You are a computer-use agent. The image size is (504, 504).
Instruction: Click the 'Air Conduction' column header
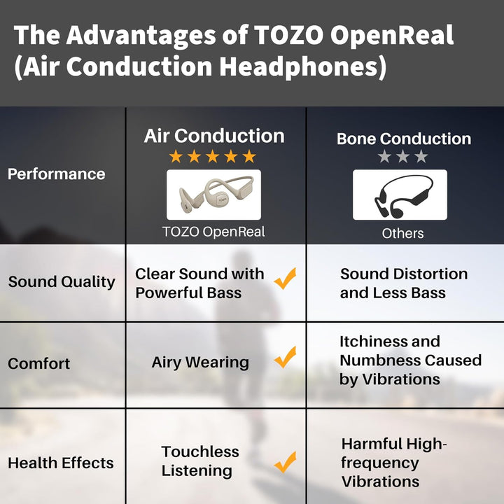click(x=214, y=136)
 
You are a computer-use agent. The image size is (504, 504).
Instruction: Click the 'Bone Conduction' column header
click(x=403, y=139)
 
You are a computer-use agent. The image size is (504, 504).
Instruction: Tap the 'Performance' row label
click(x=56, y=174)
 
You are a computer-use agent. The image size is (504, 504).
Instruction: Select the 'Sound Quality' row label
click(x=62, y=282)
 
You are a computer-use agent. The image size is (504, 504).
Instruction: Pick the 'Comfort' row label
click(x=39, y=364)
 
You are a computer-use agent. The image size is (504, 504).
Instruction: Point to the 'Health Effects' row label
click(x=60, y=463)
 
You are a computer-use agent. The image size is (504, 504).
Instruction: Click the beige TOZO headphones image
click(x=213, y=195)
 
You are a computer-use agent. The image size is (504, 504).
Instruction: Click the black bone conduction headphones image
click(x=399, y=195)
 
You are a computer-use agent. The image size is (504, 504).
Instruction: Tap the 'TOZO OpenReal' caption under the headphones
click(x=213, y=232)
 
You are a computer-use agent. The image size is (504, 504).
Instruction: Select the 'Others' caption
click(x=402, y=233)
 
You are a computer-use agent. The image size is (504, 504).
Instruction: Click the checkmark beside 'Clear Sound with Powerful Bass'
click(x=285, y=279)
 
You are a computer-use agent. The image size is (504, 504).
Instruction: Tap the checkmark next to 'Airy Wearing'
click(x=285, y=358)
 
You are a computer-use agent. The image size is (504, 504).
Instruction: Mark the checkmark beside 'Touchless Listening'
click(x=285, y=462)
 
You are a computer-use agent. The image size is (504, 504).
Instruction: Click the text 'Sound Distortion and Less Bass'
click(x=403, y=283)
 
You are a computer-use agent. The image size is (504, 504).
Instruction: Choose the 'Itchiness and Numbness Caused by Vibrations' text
click(x=410, y=360)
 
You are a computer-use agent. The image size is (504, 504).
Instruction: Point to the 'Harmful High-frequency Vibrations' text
click(x=393, y=463)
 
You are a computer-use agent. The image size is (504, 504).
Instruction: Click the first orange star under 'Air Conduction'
click(x=176, y=156)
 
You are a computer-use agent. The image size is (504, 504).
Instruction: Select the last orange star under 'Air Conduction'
click(x=249, y=156)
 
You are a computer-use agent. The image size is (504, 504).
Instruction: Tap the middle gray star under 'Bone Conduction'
click(x=402, y=157)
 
